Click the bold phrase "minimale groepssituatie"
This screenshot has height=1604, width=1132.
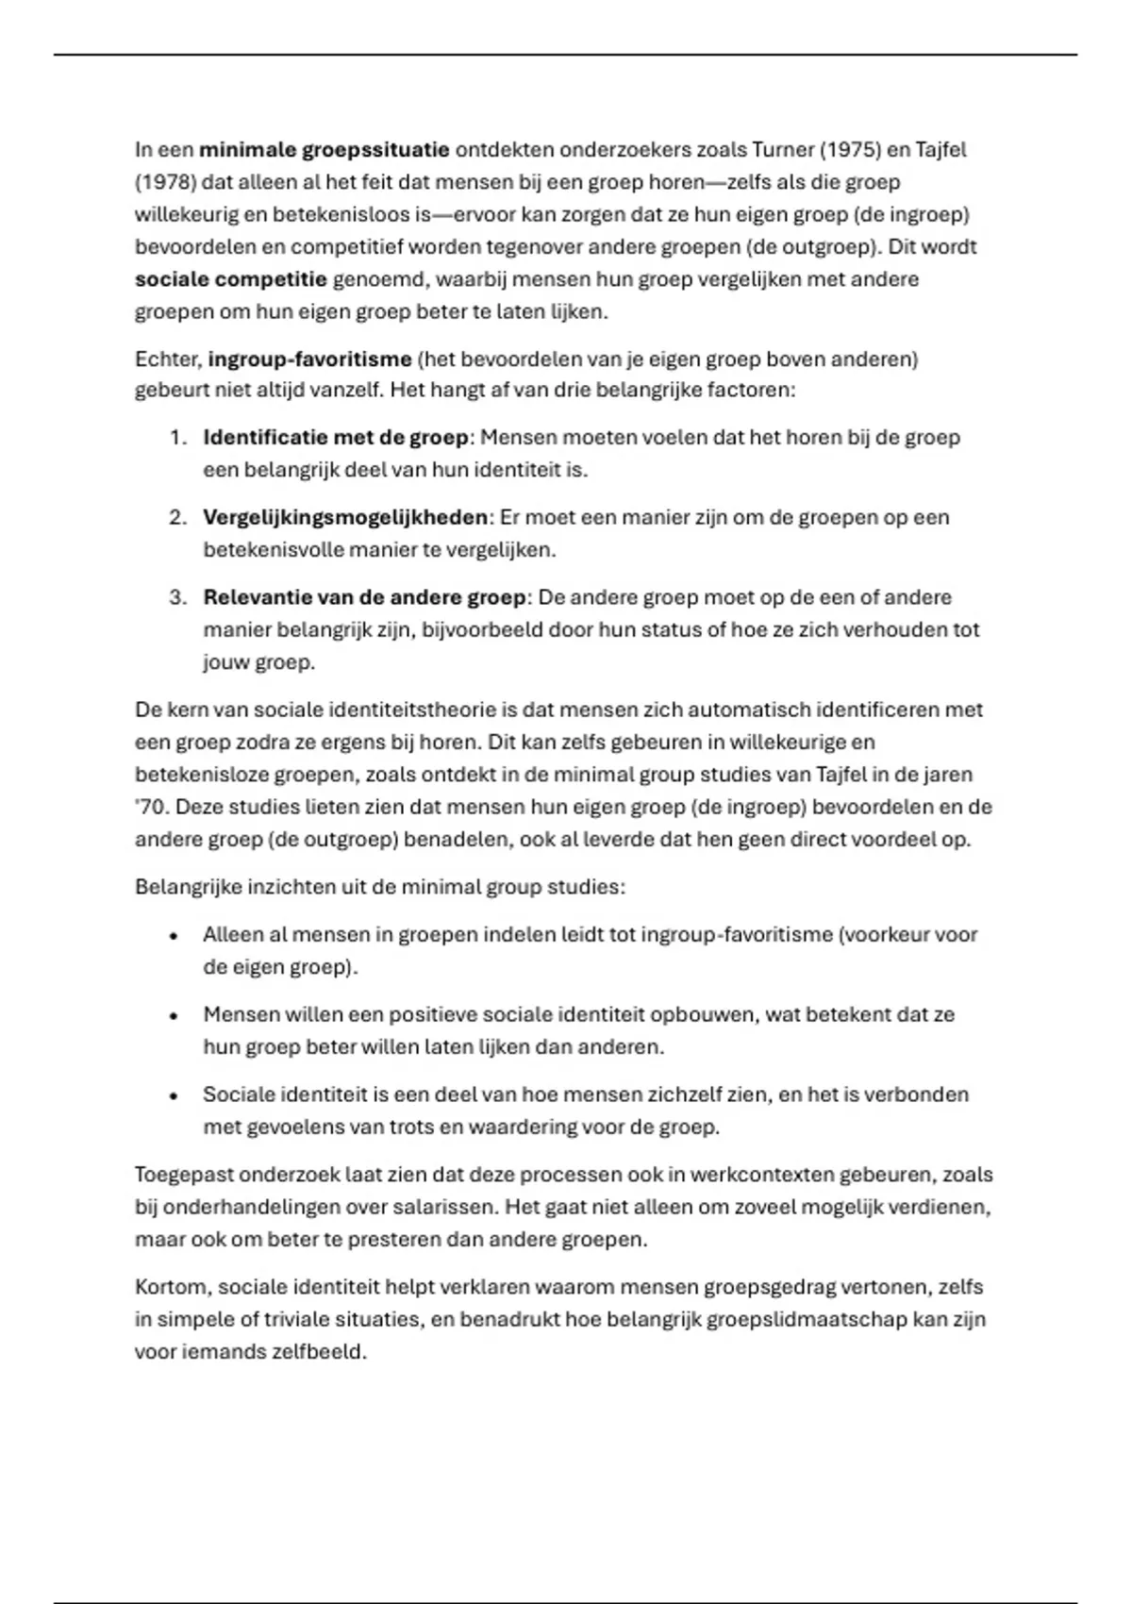[324, 150]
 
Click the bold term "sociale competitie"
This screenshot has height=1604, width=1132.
[230, 279]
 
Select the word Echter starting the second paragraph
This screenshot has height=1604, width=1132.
[167, 359]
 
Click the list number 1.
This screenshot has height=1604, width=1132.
[177, 438]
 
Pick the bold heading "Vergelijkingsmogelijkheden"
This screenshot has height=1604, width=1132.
[345, 518]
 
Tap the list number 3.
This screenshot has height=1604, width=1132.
[177, 598]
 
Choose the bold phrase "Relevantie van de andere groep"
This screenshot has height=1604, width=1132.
[364, 598]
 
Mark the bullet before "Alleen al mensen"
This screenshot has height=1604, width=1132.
[174, 937]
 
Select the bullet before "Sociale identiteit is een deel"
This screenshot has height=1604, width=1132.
[174, 1096]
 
